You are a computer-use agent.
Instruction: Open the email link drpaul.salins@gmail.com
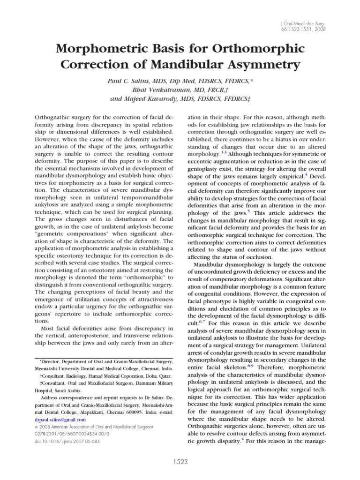tap(60, 420)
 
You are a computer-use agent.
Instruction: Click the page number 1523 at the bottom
tap(180, 462)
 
